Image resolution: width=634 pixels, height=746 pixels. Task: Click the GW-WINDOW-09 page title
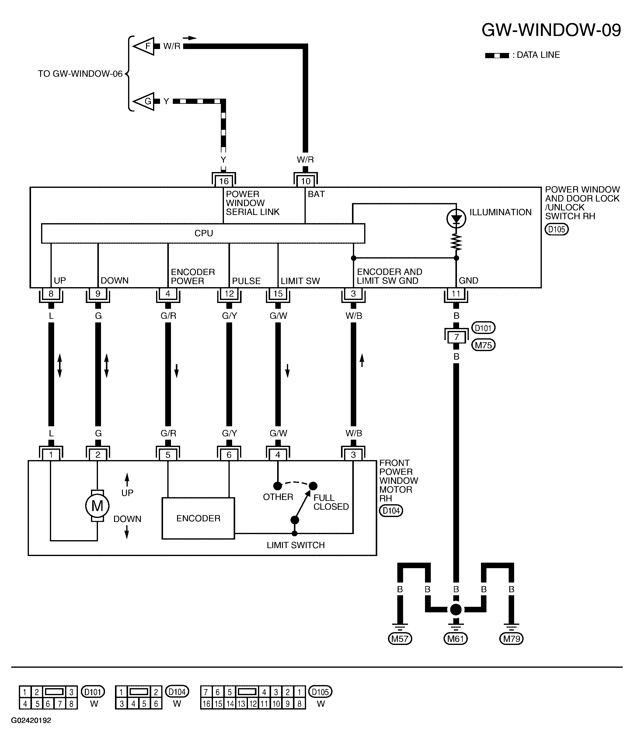(x=551, y=30)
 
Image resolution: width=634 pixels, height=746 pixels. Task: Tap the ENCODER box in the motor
(x=198, y=518)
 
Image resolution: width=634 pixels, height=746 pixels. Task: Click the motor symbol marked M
(x=97, y=506)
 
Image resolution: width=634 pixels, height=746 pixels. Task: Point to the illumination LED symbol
(x=456, y=219)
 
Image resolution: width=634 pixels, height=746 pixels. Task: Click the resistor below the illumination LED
(x=456, y=242)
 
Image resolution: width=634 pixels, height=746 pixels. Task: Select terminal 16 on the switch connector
(x=224, y=181)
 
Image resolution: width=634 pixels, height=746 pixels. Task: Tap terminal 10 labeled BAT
(x=305, y=181)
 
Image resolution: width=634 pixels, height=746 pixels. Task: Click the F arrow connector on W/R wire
(x=144, y=46)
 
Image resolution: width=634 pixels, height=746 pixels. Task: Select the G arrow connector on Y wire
(x=144, y=101)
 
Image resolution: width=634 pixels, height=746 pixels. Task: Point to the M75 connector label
(x=483, y=345)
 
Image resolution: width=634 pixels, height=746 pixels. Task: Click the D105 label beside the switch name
(x=557, y=230)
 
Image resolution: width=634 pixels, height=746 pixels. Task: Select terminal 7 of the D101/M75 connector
(x=456, y=337)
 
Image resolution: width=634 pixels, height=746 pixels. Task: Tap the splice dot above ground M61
(x=456, y=610)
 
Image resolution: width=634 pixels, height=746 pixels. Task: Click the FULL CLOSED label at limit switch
(x=331, y=502)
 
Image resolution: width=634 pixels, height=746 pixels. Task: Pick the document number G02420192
(x=31, y=720)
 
